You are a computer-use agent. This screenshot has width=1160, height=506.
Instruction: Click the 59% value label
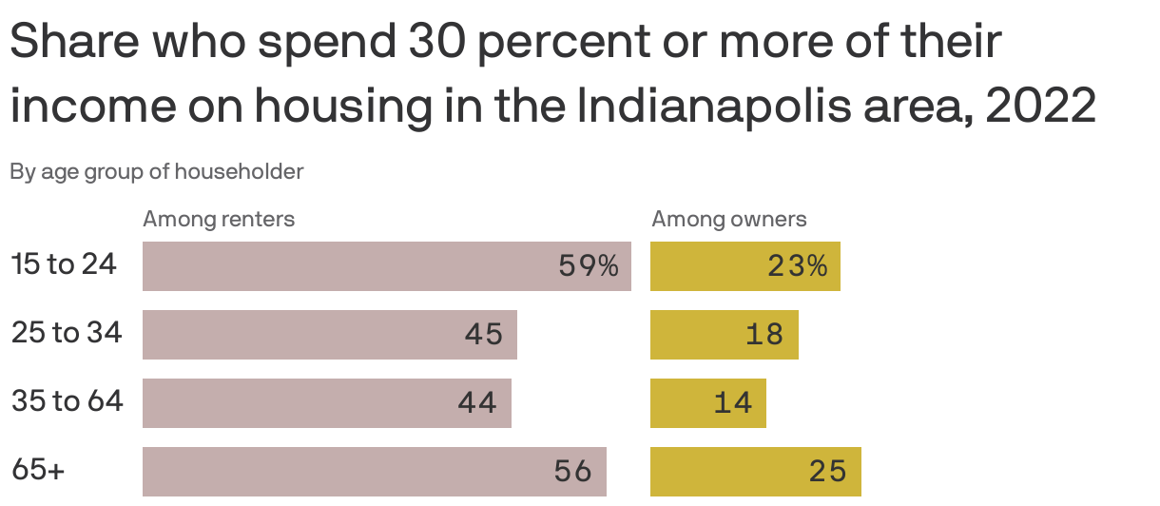(589, 266)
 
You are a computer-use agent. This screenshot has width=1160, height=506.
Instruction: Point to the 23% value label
(798, 266)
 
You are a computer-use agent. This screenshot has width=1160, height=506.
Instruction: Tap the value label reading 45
(484, 335)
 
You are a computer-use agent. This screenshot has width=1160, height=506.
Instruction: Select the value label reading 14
(733, 403)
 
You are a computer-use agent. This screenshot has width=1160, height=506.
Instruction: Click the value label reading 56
(573, 472)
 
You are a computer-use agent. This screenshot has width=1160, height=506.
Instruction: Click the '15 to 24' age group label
(64, 264)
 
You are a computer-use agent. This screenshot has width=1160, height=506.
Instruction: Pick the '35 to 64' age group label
(67, 401)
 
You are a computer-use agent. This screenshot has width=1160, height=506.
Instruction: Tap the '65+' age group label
(38, 470)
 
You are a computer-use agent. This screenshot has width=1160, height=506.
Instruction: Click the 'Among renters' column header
(219, 220)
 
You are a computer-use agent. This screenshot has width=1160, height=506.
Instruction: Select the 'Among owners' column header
(728, 220)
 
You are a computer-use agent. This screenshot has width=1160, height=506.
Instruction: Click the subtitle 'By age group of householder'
(157, 172)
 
